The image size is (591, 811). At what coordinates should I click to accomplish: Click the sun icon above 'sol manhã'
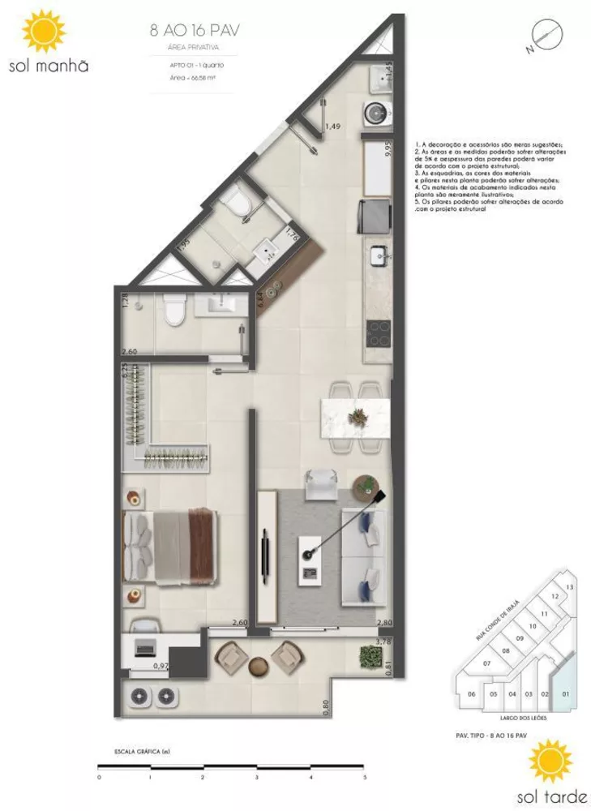coord(42,32)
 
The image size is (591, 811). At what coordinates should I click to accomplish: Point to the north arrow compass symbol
coord(543,36)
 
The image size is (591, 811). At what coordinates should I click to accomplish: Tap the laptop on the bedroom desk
coord(145,647)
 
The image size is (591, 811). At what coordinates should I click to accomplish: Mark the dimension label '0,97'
coord(161,666)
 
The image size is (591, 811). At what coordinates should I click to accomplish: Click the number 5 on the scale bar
coord(364,776)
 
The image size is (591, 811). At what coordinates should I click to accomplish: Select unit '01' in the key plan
coord(566,693)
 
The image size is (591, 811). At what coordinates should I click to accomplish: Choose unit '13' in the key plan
coord(570,586)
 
